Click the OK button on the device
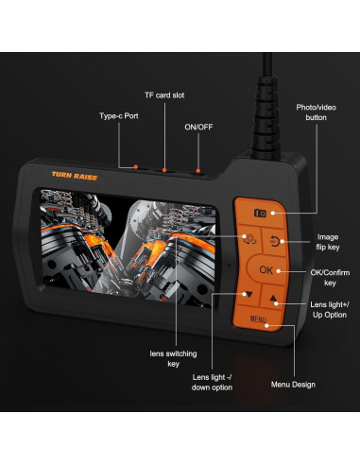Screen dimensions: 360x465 coord(266,270)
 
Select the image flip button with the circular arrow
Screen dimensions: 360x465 coord(275,241)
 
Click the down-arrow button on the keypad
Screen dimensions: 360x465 coord(247,294)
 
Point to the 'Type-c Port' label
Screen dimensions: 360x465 coord(120,116)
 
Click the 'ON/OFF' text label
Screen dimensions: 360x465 coord(198,127)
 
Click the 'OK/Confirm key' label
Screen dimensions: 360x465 coord(329,276)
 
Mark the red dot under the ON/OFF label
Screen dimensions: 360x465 coord(198,171)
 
